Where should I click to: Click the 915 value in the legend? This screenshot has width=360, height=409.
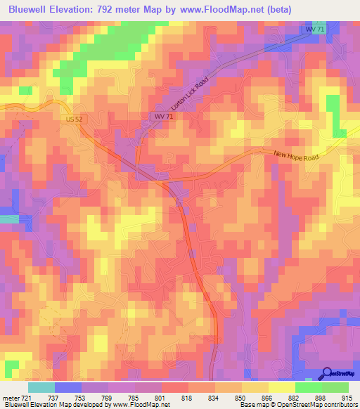point(347,397)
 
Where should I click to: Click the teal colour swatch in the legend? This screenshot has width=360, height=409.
point(41,387)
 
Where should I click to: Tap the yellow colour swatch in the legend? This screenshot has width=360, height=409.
point(282,387)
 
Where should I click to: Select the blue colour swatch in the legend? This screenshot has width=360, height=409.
point(68,387)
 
